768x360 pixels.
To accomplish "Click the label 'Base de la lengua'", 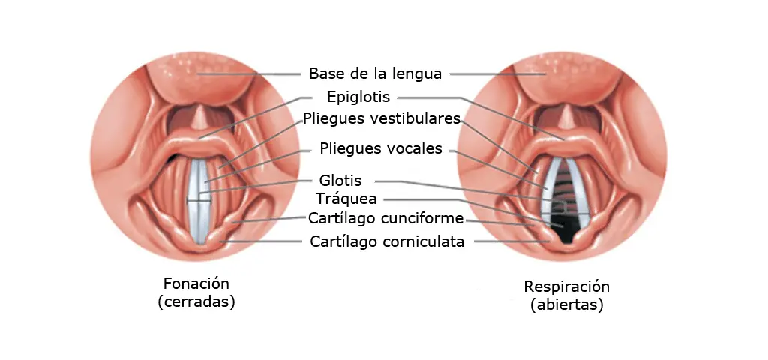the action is click(x=375, y=73).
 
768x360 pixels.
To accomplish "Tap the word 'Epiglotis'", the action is click(x=358, y=97).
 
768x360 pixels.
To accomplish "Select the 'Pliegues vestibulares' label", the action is click(x=382, y=118).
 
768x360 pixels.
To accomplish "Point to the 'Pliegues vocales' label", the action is click(x=381, y=148).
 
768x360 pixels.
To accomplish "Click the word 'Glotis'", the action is click(x=340, y=181).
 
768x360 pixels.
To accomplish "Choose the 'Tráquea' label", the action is click(x=346, y=199).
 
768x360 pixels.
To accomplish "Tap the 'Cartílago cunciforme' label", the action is click(x=385, y=218).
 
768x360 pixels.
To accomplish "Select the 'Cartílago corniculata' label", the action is click(x=387, y=241).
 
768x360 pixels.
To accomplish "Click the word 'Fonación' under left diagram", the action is click(x=196, y=283).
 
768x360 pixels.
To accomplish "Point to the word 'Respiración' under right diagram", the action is click(x=567, y=286).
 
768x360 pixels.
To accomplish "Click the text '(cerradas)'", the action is click(x=196, y=301).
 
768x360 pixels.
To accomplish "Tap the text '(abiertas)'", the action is click(x=567, y=304).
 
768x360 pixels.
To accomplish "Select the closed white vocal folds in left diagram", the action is click(x=199, y=200).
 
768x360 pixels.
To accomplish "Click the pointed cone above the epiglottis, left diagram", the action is click(x=199, y=118).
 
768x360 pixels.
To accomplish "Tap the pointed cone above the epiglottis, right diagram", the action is click(x=567, y=118).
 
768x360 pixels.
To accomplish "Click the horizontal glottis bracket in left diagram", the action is click(x=199, y=200).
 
